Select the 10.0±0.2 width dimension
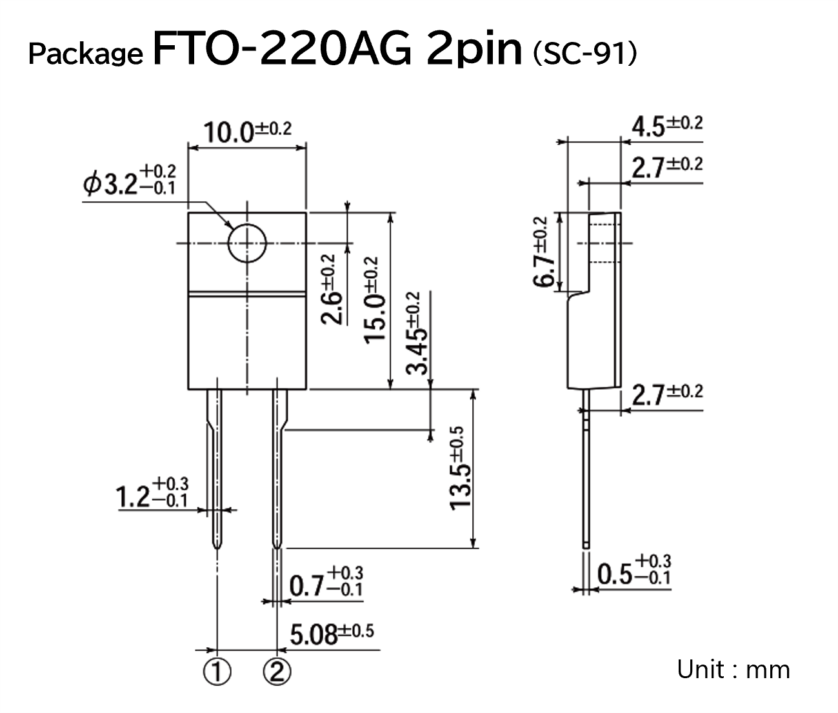(247, 132)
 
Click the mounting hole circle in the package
(247, 243)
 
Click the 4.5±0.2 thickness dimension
(666, 126)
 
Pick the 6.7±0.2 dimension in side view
(543, 253)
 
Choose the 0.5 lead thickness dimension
(634, 571)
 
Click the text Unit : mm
(733, 669)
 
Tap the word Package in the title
(85, 55)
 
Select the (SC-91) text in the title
(584, 55)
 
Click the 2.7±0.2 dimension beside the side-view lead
(666, 394)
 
